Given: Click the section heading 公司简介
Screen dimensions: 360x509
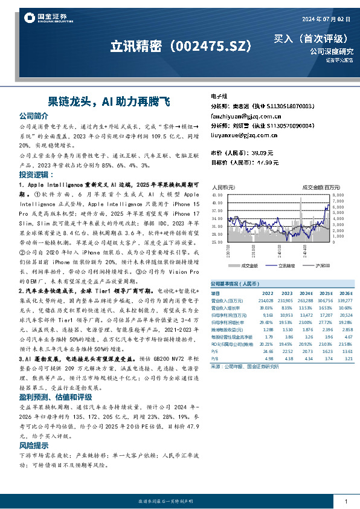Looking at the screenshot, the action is [33, 115].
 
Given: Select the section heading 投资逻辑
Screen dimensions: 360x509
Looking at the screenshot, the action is [33, 174].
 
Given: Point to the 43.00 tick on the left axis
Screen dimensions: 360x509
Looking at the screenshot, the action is [217, 195].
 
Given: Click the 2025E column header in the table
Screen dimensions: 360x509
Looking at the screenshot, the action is [326, 293].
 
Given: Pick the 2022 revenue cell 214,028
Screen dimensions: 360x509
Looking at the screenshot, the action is [266, 300].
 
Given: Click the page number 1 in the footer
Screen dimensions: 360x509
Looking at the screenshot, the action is [346, 502].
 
